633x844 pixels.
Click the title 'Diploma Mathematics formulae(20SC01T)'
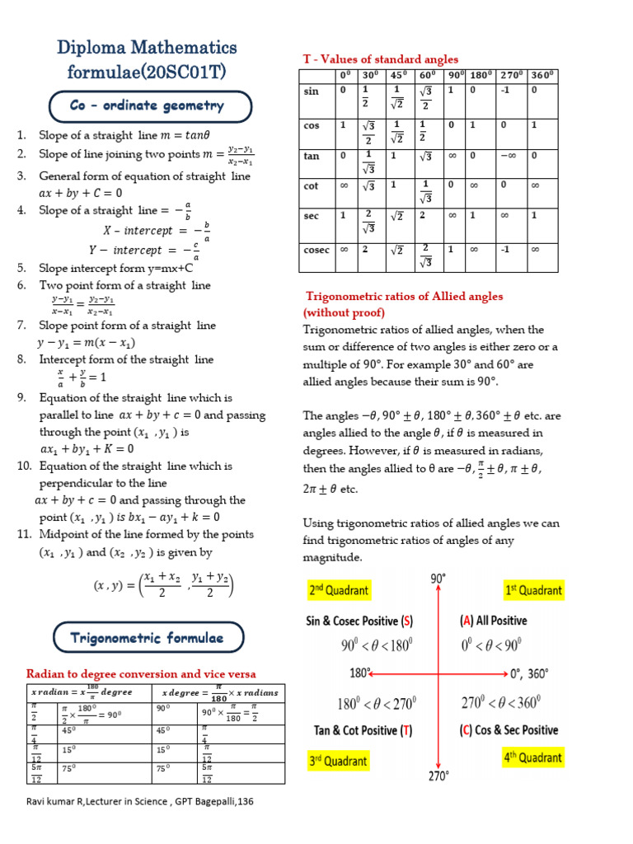click(x=148, y=59)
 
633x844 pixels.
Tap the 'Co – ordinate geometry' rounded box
click(x=148, y=106)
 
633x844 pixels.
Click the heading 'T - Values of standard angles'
click(x=381, y=59)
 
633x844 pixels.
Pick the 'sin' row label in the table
click(x=312, y=91)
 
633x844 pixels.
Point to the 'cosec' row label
click(x=316, y=250)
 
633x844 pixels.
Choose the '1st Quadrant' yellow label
click(x=533, y=590)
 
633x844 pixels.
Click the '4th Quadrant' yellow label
click(x=532, y=757)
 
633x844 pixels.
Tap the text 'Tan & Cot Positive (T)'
click(x=363, y=730)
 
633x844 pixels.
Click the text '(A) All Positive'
click(x=493, y=621)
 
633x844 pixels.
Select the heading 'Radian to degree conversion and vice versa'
click(x=141, y=673)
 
